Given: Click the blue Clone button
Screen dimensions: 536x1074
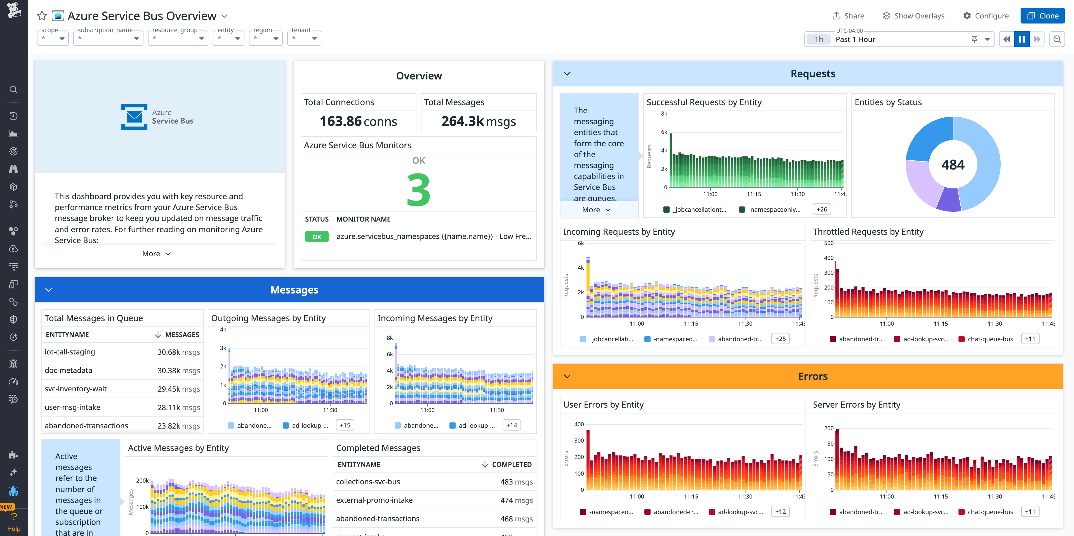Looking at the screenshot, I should [x=1042, y=16].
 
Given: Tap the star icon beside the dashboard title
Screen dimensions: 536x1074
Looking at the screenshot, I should [x=42, y=16].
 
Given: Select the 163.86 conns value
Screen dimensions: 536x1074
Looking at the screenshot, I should [x=358, y=121].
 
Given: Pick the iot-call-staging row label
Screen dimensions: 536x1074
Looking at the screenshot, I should [x=70, y=352].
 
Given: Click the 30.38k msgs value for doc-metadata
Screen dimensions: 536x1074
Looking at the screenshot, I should [x=178, y=370].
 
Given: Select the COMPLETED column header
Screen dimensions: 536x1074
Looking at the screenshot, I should [x=511, y=464].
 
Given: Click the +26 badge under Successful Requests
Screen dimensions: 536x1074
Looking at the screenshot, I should [x=822, y=210].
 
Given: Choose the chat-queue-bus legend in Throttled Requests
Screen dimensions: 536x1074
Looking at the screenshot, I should [x=990, y=339].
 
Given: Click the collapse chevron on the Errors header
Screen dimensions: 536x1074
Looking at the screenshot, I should [x=567, y=376].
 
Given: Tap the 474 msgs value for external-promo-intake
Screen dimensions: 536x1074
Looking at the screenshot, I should [x=516, y=500].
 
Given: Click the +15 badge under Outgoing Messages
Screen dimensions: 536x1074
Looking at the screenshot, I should [x=345, y=425].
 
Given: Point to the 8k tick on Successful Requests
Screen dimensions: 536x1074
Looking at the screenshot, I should [x=664, y=114].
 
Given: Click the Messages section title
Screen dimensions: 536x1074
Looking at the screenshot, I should [x=294, y=290].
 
